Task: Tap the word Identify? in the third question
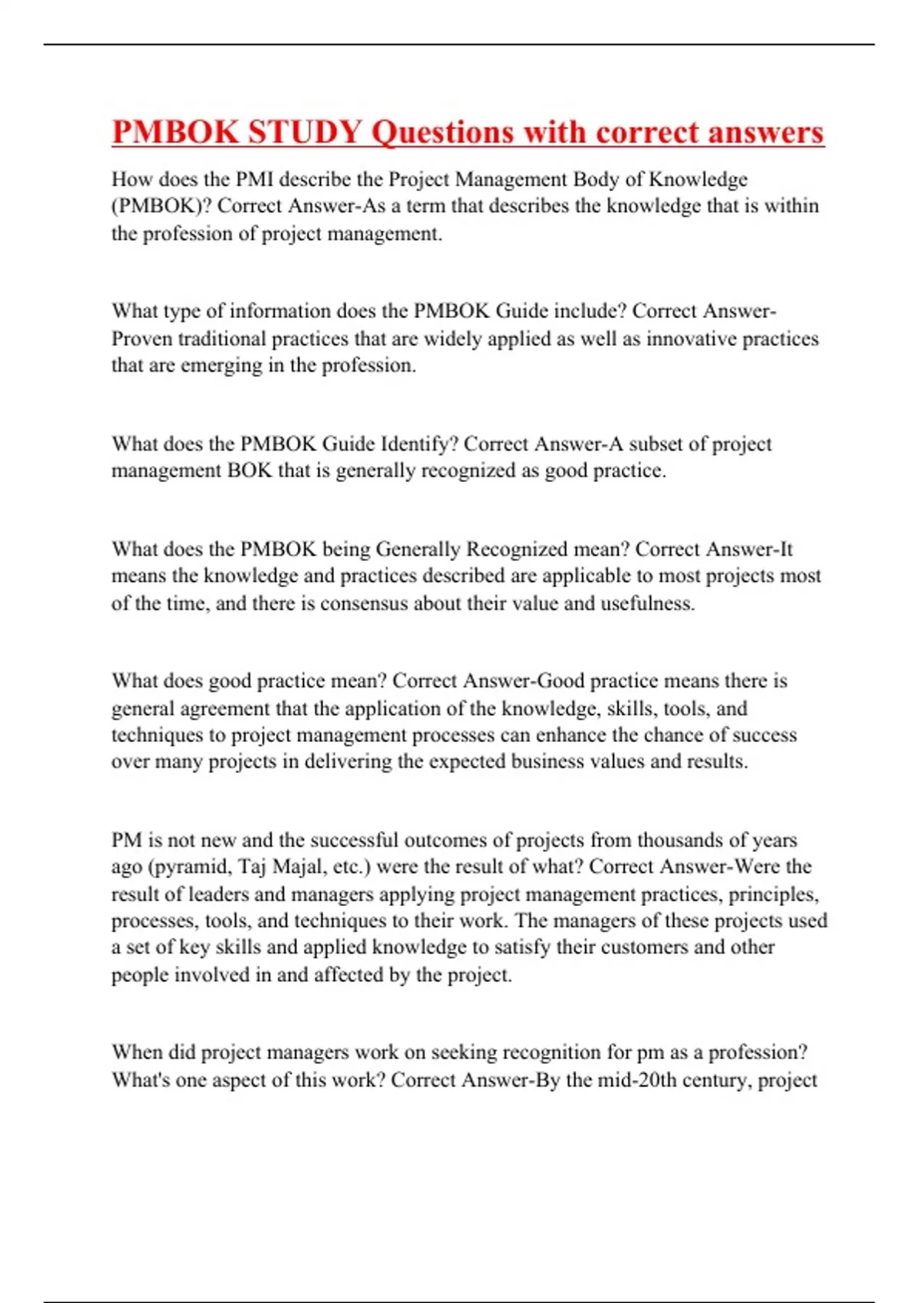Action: [x=420, y=444]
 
